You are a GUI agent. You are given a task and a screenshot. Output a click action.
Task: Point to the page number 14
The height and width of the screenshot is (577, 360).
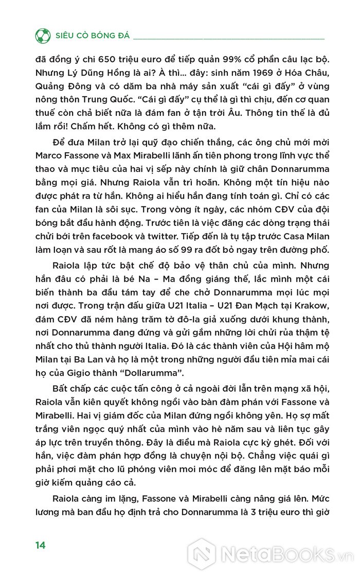point(41,545)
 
